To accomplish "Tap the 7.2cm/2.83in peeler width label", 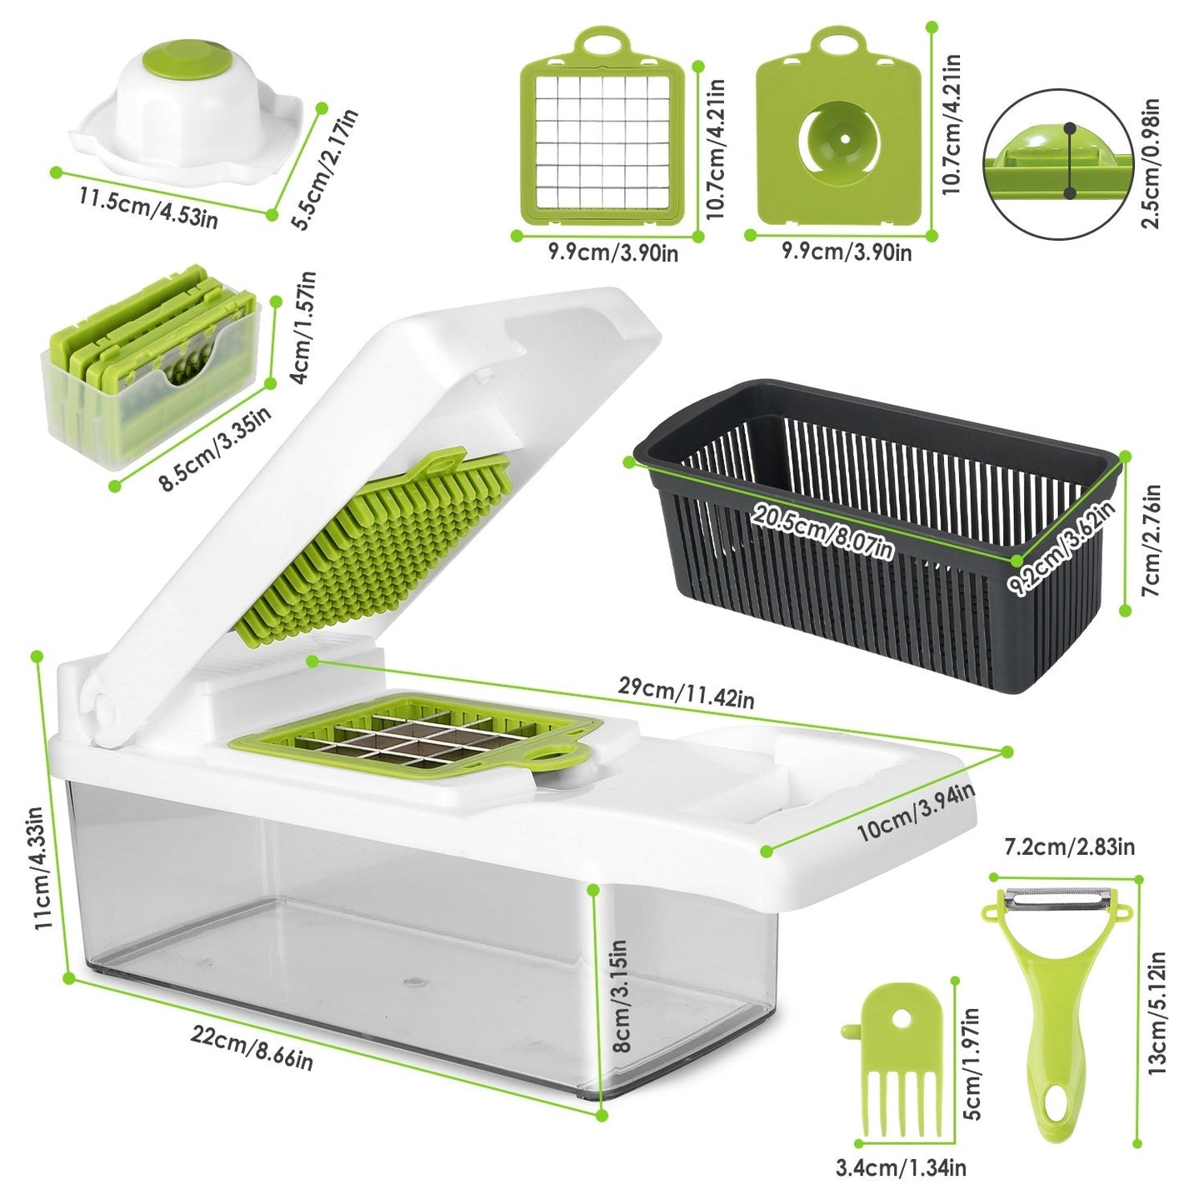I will (x=1070, y=847).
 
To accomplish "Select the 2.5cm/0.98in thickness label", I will (x=1152, y=163).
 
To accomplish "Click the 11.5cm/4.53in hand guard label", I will (x=148, y=208).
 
